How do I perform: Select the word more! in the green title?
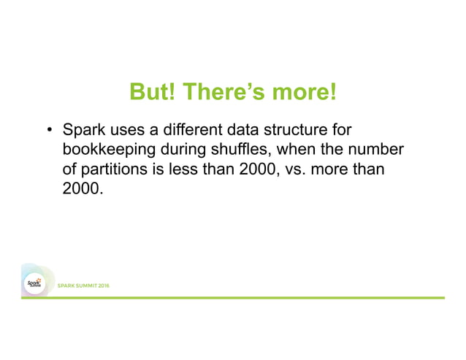(303, 93)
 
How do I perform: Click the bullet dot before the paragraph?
(50, 132)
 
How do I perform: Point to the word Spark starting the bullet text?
(83, 132)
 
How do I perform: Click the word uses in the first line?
(126, 132)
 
